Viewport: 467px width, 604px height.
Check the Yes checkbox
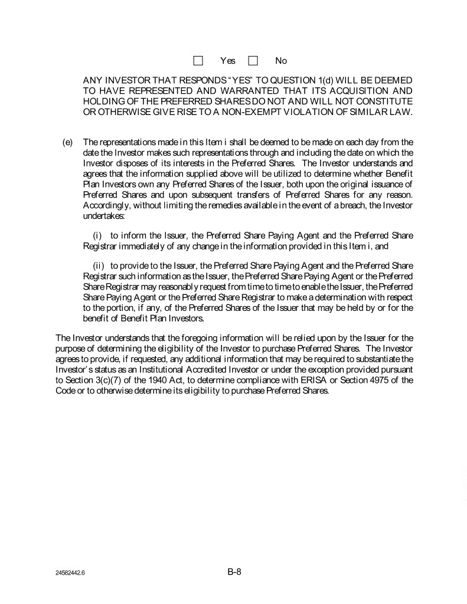[x=198, y=61]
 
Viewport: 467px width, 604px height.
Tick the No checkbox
[x=253, y=61]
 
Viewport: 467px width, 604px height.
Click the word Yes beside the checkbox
[x=227, y=61]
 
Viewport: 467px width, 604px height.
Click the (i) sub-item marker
[x=98, y=236]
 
